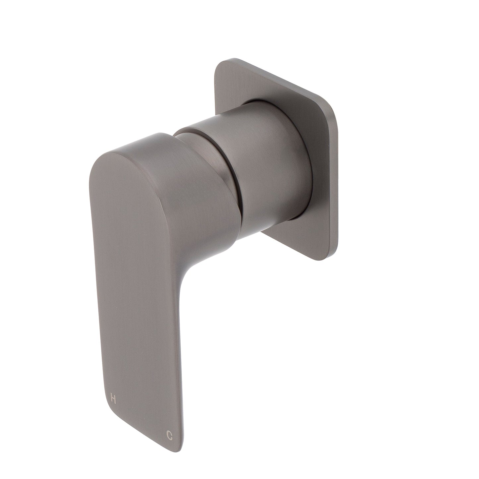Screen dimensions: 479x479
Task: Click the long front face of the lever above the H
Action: click(133, 298)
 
